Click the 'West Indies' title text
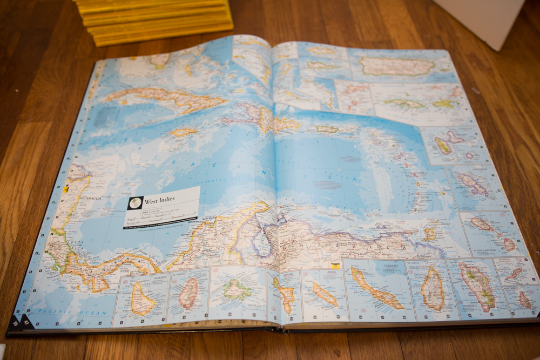[159, 200]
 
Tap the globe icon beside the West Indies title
[134, 203]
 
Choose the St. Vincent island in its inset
[188, 294]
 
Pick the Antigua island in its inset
[237, 290]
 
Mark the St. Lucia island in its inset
[432, 290]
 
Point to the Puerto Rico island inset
[397, 66]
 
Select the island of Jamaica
[183, 131]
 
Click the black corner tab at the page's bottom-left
[20, 322]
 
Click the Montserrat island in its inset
[508, 244]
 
